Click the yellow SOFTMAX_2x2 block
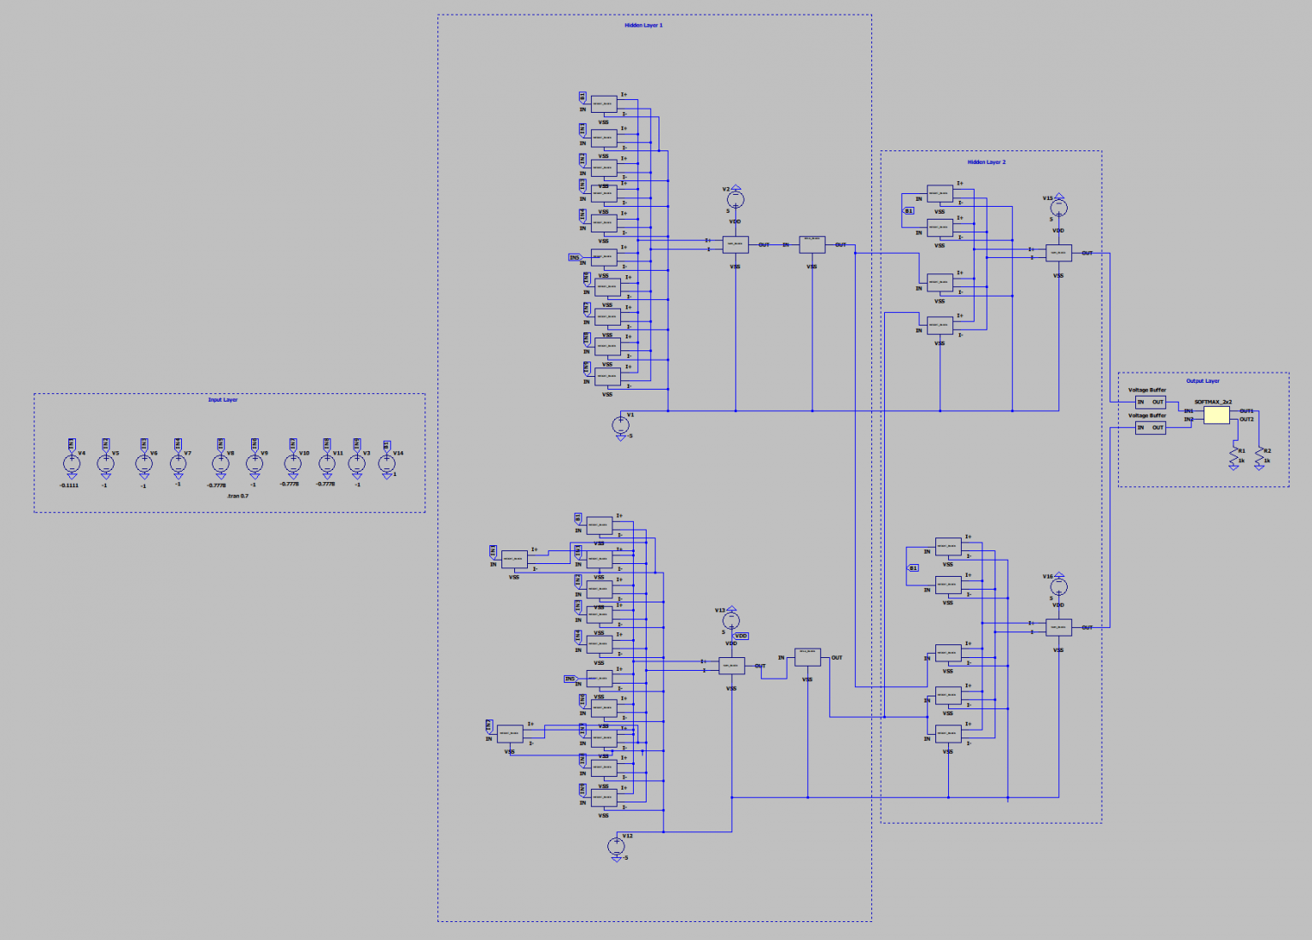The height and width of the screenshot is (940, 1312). tap(1216, 415)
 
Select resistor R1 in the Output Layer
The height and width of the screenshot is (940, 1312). tap(1233, 455)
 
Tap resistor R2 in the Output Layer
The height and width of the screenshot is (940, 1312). tap(1259, 455)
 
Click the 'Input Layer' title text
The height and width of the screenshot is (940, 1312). tap(223, 400)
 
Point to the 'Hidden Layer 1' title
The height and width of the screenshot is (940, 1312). tap(643, 26)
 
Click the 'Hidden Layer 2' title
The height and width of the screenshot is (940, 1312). tap(987, 162)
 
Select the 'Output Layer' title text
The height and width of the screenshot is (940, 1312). tap(1203, 381)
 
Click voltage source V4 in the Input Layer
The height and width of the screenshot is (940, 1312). tap(72, 463)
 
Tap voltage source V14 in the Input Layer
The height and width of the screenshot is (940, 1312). tap(387, 463)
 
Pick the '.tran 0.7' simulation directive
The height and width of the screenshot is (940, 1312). tap(237, 496)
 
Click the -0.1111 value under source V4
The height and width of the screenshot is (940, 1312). tap(69, 485)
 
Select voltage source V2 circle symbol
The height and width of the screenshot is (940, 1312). tap(735, 199)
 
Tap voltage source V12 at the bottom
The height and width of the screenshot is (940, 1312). tap(617, 846)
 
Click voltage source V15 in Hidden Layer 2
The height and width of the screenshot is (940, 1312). tap(1058, 207)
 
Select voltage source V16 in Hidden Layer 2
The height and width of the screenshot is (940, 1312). tap(1058, 586)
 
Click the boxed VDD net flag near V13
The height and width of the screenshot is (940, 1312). tap(741, 636)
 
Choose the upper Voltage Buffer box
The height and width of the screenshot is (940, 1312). tap(1150, 402)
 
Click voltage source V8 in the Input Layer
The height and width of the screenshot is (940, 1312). tap(220, 463)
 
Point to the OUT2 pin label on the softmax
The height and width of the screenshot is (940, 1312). tap(1247, 420)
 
